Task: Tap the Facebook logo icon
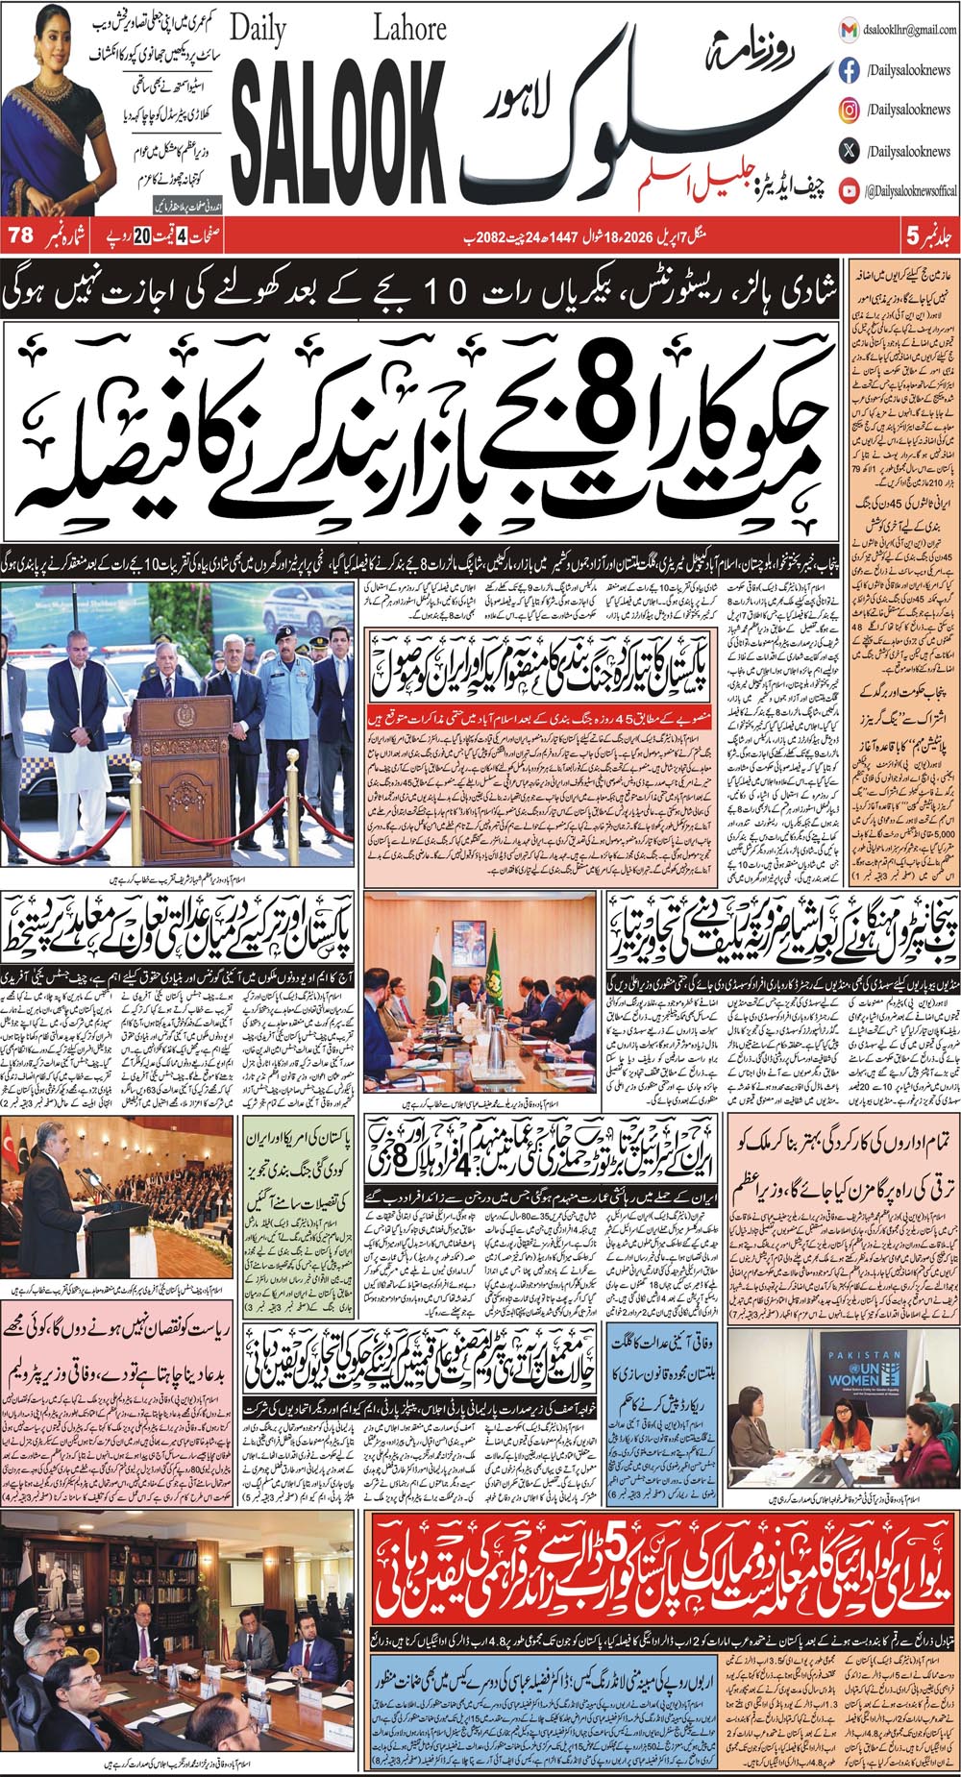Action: (849, 70)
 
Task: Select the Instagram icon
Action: (849, 111)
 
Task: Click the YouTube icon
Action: (849, 190)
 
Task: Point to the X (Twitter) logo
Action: (849, 150)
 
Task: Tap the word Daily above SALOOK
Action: (259, 31)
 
